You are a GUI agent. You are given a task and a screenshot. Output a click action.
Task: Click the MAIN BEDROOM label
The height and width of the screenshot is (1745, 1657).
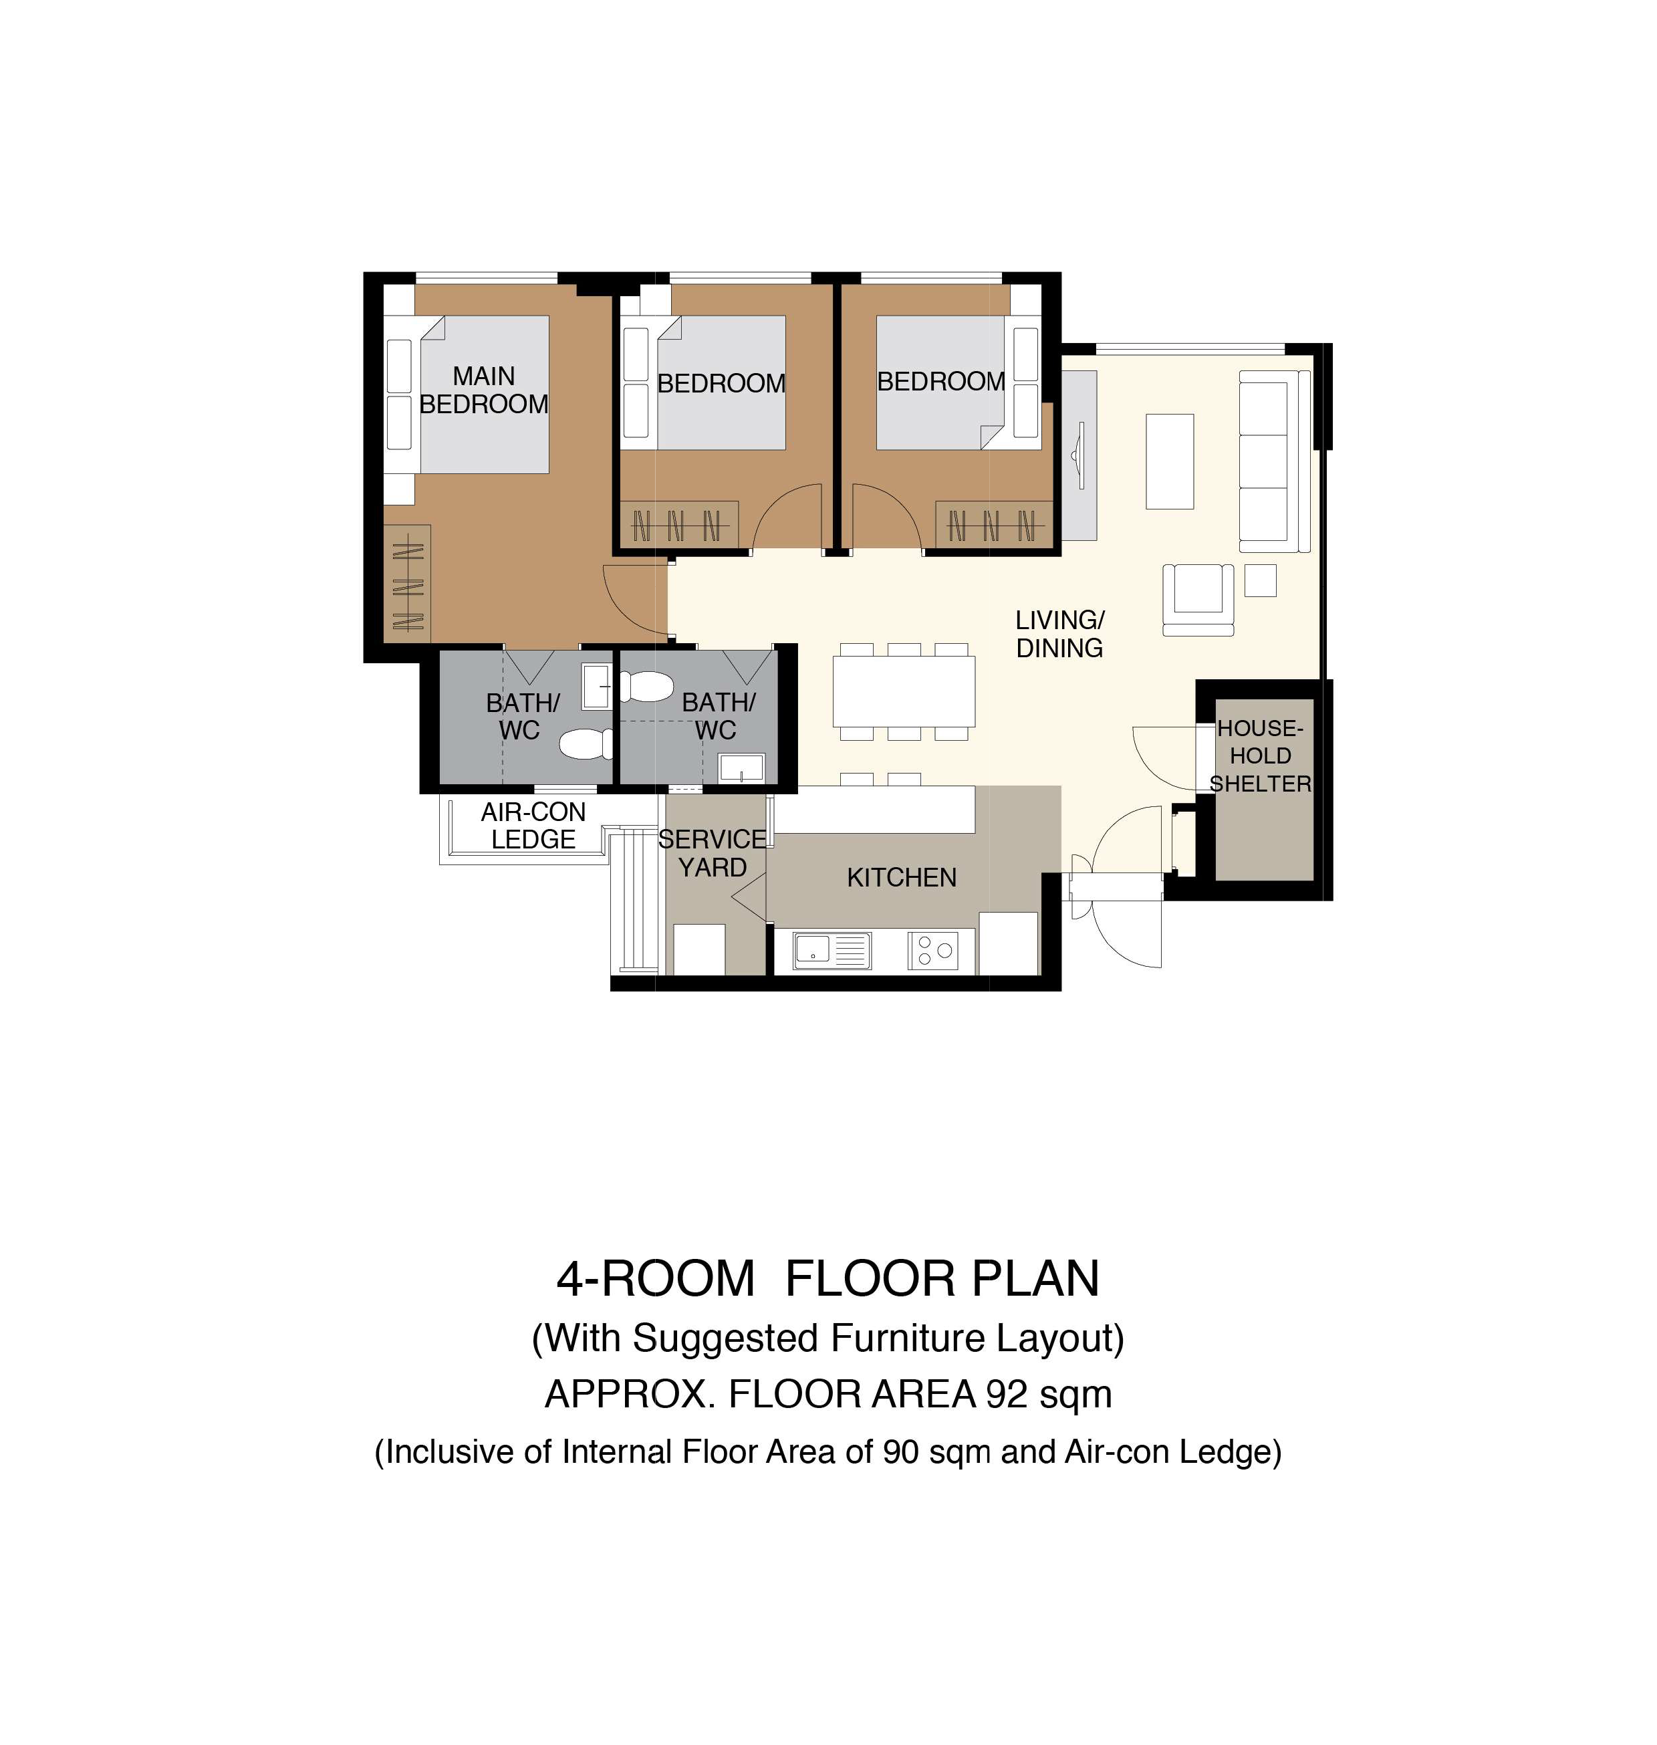[483, 390]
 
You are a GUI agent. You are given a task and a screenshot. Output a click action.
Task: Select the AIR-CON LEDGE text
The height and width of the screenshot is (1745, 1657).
[533, 825]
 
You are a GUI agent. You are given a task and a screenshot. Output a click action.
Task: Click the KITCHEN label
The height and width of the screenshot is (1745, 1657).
[901, 877]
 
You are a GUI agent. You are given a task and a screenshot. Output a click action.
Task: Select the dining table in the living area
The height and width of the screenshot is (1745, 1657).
[904, 691]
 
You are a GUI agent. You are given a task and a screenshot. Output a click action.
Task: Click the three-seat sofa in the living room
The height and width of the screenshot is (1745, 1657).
[1273, 461]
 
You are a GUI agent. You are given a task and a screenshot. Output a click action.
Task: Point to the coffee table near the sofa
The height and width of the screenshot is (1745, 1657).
[1170, 461]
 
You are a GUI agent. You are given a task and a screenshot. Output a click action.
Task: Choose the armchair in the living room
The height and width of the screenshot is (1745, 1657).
[1198, 599]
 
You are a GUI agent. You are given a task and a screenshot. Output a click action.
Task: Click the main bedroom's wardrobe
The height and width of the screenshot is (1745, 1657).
[406, 583]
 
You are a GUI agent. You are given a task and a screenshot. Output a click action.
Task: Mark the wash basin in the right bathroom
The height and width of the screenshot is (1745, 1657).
[741, 767]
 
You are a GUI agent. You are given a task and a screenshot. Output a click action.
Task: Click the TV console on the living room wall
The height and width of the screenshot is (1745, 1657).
[1078, 455]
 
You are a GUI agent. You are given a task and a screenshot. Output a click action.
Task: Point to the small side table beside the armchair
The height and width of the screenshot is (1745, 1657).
[1261, 580]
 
